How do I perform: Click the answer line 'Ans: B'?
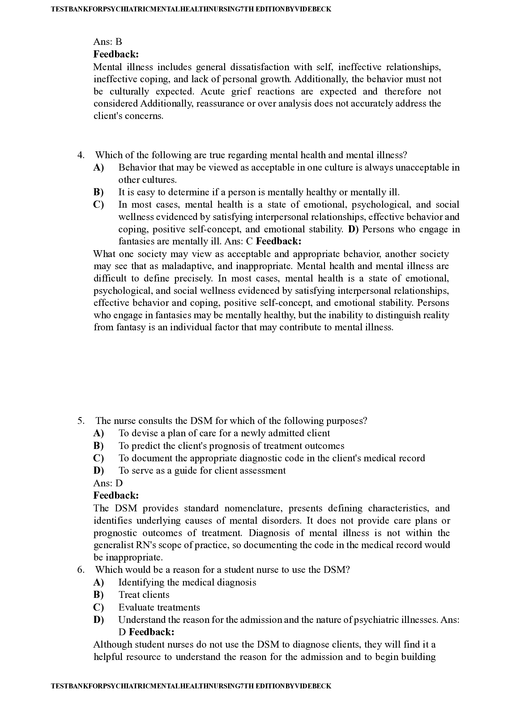tap(108, 42)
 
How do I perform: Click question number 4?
tap(81, 155)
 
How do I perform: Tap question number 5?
tap(81, 421)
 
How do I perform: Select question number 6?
tap(81, 569)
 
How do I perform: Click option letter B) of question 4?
tap(98, 192)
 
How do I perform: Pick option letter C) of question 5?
tap(98, 458)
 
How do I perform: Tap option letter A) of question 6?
tap(98, 582)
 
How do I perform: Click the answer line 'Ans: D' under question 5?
tap(108, 483)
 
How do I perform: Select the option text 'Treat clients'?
tap(144, 594)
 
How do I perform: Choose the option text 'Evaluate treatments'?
tap(159, 607)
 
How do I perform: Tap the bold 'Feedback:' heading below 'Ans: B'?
tap(116, 54)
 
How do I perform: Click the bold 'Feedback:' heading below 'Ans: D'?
tap(116, 495)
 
